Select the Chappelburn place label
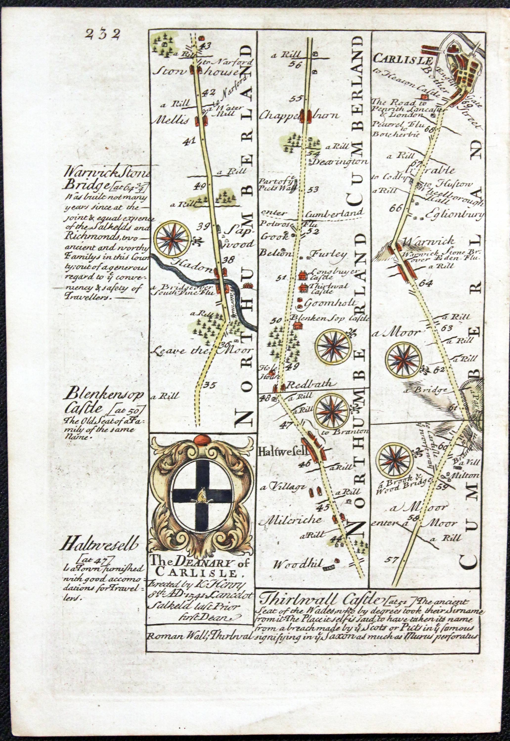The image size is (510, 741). point(300,116)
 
